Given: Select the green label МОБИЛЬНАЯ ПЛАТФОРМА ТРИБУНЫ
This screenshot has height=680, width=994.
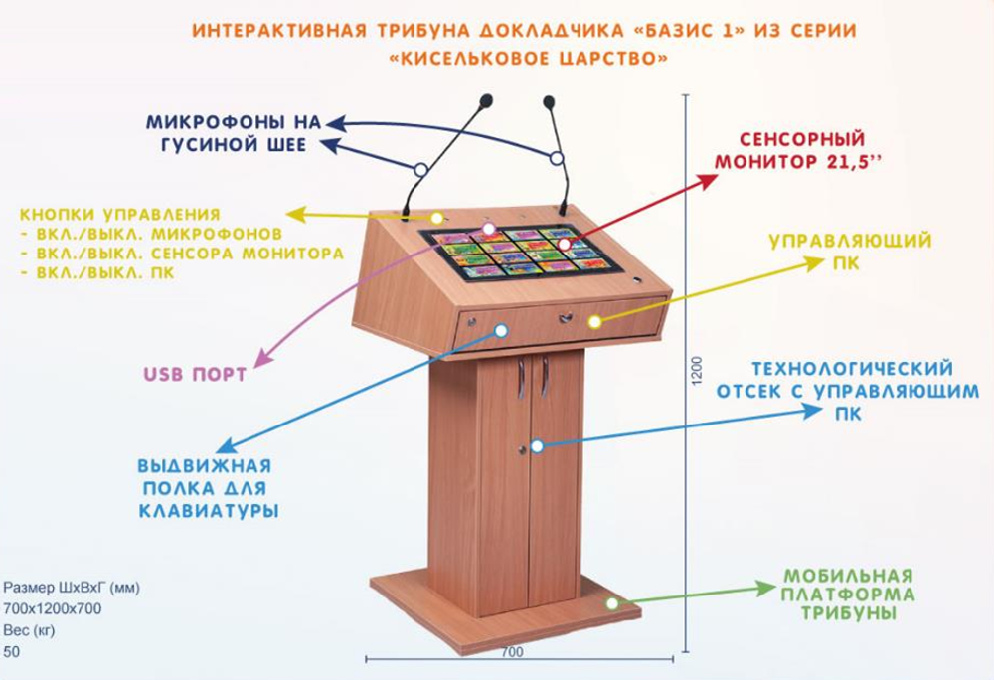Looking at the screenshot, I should tap(848, 595).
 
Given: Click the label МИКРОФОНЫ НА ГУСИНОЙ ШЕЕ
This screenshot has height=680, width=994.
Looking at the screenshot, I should tap(236, 134).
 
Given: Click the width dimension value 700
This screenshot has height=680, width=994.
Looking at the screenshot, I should tap(512, 652).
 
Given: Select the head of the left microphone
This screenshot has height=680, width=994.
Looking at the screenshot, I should tap(486, 100).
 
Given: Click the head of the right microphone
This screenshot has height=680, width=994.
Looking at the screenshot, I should tap(548, 100).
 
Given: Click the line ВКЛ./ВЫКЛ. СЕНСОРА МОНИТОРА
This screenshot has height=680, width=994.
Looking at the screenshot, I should tap(182, 254).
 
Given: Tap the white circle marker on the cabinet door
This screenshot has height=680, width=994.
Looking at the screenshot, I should tap(536, 446).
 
